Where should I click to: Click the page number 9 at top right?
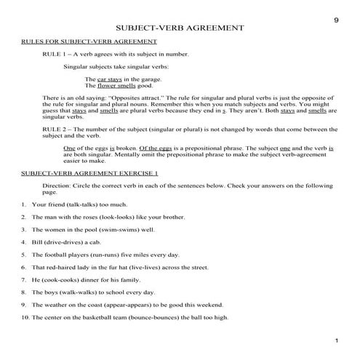click(336, 20)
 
